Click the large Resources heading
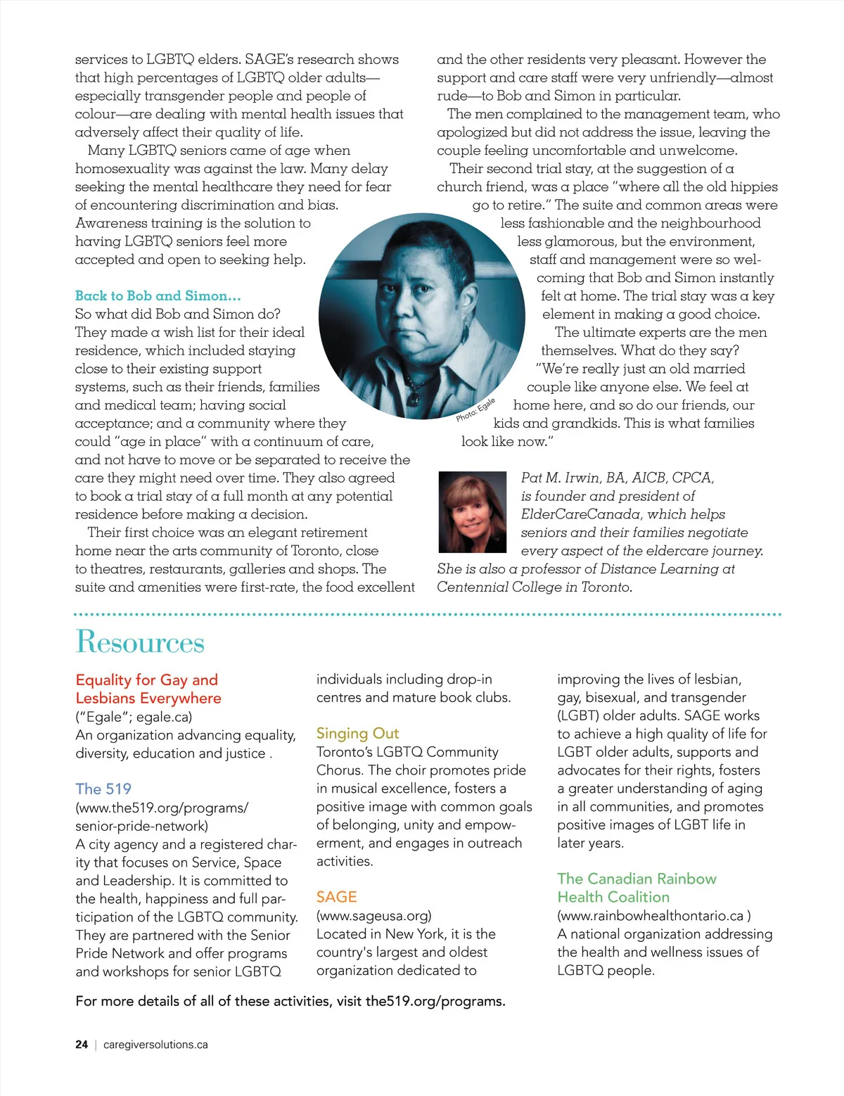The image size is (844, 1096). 140,642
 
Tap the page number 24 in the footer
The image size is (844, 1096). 82,1045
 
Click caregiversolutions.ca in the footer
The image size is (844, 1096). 155,1045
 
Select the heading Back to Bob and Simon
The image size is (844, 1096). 158,295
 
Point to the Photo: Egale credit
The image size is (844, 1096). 475,410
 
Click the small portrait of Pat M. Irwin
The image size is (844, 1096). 472,511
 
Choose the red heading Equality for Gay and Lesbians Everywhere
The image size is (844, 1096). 148,689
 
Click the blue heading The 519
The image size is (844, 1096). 103,789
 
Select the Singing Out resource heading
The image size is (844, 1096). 357,733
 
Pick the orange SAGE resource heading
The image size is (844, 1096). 336,897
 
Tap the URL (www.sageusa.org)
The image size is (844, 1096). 373,915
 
